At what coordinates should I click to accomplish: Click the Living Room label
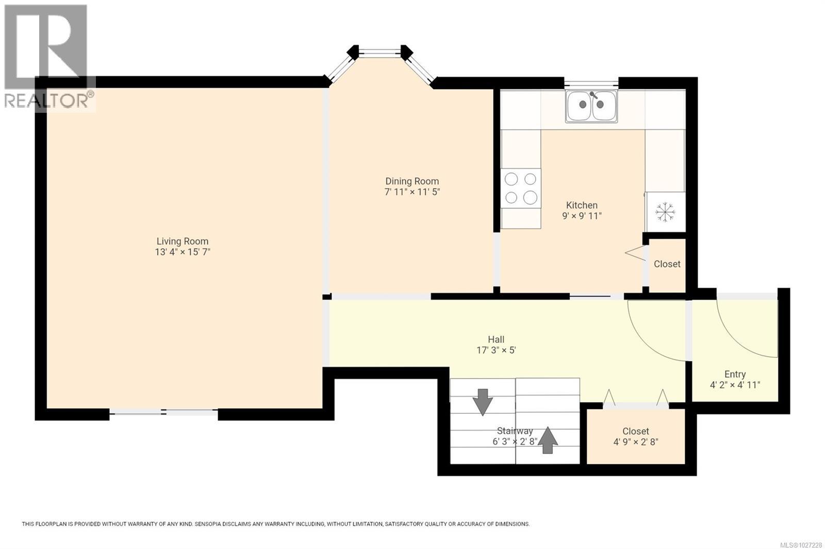[x=183, y=241]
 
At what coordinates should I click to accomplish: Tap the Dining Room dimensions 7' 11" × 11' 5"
[x=412, y=192]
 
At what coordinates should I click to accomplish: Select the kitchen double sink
[x=591, y=106]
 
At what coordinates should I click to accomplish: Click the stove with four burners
[x=521, y=188]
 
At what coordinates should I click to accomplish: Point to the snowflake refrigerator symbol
[x=665, y=212]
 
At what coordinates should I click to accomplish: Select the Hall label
[x=496, y=339]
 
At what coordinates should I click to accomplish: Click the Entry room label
[x=735, y=374]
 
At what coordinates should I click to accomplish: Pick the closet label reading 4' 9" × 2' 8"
[x=636, y=442]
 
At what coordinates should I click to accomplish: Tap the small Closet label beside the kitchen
[x=667, y=264]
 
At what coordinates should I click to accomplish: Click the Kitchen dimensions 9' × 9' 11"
[x=582, y=216]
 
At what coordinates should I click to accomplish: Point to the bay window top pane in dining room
[x=380, y=52]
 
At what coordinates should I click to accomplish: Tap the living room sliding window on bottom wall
[x=163, y=412]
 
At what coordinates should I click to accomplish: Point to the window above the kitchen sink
[x=591, y=83]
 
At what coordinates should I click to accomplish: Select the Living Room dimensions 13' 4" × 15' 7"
[x=183, y=252]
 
